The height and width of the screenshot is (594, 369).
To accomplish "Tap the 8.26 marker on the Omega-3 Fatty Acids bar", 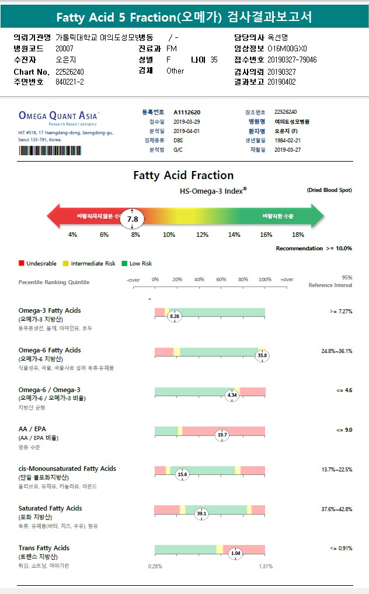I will coord(175,316).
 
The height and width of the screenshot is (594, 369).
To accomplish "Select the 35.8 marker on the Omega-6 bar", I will coord(262,355).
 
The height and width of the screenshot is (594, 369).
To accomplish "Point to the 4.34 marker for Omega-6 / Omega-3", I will coord(232,395).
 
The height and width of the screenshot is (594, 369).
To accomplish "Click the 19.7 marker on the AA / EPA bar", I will coord(222,435).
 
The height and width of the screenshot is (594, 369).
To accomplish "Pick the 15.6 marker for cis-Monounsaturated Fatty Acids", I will coord(182,474).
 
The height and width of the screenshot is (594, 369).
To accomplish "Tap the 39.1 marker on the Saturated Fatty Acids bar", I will coord(202,513).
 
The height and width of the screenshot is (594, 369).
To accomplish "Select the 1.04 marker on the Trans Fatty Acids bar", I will coord(236,553).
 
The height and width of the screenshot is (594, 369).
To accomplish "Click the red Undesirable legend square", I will coord(22,264).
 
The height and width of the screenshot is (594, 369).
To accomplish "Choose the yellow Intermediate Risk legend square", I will coord(66,264).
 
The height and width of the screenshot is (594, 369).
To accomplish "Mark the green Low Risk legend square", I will coord(124,264).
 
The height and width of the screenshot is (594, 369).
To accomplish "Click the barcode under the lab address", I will coord(50,151).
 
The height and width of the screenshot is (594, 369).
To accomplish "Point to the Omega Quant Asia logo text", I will coord(59,116).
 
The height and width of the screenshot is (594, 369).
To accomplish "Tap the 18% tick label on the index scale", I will coord(298,235).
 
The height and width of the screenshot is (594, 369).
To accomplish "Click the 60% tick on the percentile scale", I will coord(221,280).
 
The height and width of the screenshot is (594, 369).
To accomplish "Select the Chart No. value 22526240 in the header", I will coord(69,72).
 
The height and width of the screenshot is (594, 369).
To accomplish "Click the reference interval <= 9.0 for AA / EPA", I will coord(344,430).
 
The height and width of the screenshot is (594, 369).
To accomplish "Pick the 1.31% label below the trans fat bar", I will coord(266,567).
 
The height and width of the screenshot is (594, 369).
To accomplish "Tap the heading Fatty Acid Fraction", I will coord(183,175).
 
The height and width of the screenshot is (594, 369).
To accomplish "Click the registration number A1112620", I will coord(187,112).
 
